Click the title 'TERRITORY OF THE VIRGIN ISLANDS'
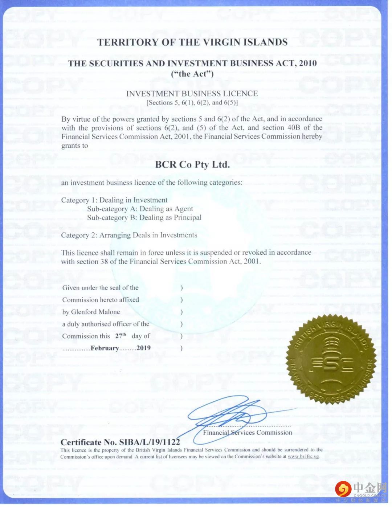[192, 42]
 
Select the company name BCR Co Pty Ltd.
[192, 165]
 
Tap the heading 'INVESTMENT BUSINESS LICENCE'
[192, 94]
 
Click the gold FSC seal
[332, 360]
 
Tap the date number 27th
[121, 336]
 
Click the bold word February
[105, 348]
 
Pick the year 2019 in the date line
[143, 348]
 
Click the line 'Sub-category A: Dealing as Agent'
[140, 209]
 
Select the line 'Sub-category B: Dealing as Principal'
[144, 218]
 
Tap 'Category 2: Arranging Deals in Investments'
[129, 235]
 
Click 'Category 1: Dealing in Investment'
[114, 200]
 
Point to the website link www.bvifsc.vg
[303, 457]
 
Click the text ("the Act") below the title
[192, 74]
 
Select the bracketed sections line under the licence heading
[192, 103]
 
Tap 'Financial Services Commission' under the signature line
[248, 433]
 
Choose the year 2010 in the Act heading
[308, 64]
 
